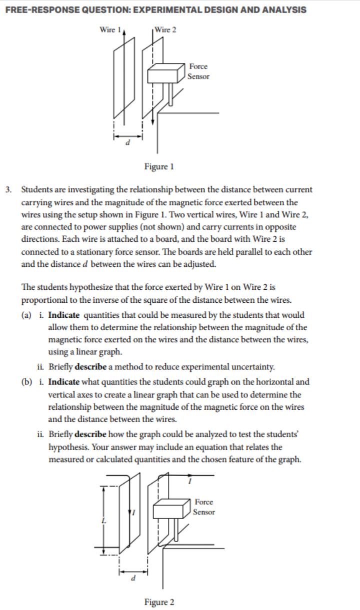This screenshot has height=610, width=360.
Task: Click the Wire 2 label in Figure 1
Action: pos(165,29)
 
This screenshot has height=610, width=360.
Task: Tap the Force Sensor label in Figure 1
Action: pos(198,71)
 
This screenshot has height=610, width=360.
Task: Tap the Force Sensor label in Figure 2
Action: pos(204,507)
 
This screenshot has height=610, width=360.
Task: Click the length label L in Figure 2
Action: pos(104,521)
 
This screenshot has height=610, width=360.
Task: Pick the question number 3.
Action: pos(9,190)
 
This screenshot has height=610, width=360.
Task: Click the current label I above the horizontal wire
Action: pos(189,482)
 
